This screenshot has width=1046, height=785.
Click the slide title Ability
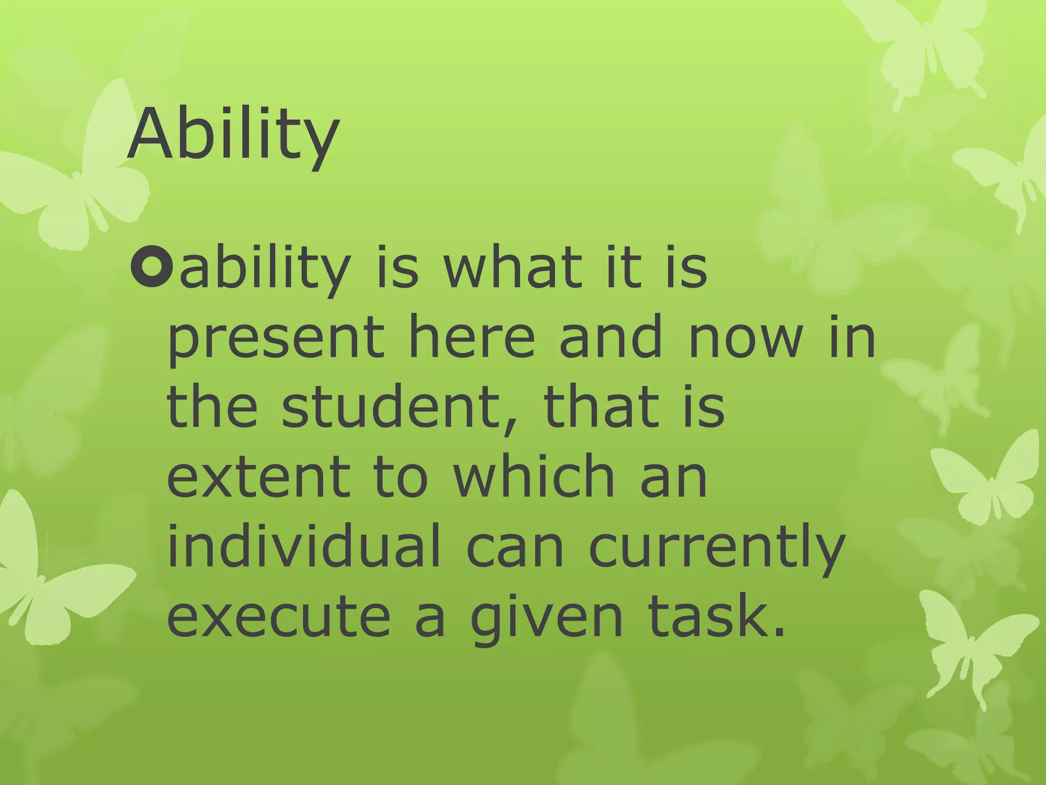(233, 134)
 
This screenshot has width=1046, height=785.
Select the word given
(546, 619)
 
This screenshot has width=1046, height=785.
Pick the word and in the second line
(611, 337)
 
